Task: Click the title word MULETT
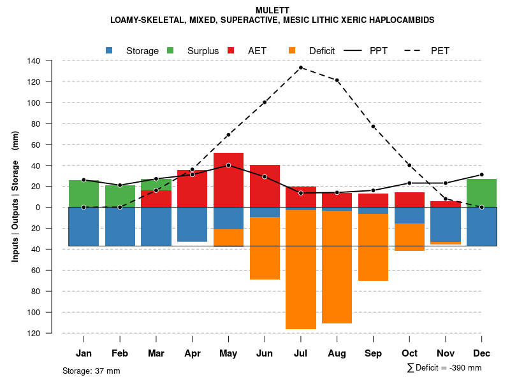click(x=272, y=10)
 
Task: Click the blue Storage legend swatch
click(x=110, y=50)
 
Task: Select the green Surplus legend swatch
click(x=170, y=50)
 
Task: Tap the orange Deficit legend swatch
click(x=292, y=50)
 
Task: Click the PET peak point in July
click(x=301, y=67)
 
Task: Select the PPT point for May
click(x=228, y=166)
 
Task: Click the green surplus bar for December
click(x=482, y=193)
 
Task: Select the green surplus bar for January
click(x=84, y=194)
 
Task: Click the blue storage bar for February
click(x=120, y=227)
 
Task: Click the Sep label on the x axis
click(x=374, y=353)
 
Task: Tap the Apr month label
click(x=193, y=353)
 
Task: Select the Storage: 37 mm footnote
click(x=91, y=371)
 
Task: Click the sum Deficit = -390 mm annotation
click(x=444, y=367)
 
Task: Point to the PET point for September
click(x=374, y=127)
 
